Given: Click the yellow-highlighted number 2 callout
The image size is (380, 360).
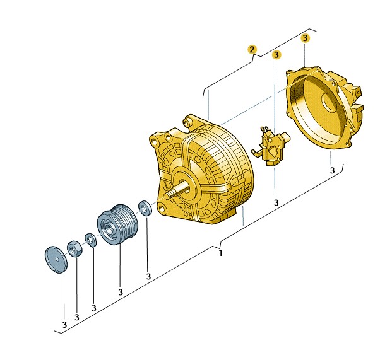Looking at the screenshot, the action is pos(252,49).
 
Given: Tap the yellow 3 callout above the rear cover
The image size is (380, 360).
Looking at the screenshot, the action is pos(305,38).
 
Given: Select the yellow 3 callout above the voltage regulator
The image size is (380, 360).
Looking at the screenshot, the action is pos(276,55).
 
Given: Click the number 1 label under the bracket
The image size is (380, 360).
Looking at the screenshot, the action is pos(220,253).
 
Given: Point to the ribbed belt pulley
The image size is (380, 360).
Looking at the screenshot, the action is pos(117,224).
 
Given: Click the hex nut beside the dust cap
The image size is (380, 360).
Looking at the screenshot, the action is pos(74,249).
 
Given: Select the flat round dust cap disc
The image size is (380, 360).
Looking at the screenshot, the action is pos(56,260).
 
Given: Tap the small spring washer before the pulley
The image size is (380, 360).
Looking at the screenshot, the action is pos(91,240).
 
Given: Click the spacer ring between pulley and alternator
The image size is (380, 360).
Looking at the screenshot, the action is pos(145,207).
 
